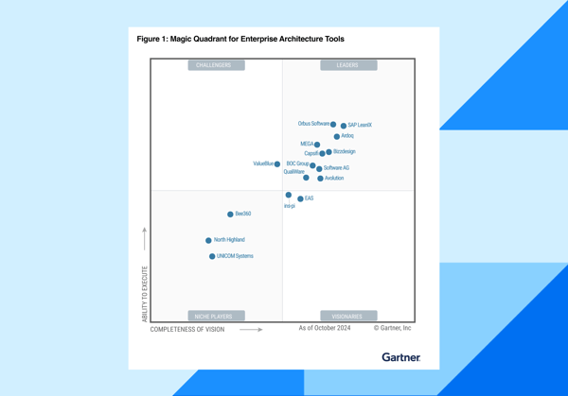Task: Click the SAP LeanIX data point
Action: click(344, 125)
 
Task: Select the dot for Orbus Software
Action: click(333, 124)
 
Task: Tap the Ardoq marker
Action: click(337, 136)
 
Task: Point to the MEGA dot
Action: click(317, 145)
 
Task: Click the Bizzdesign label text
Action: click(345, 151)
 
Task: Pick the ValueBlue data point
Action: click(277, 164)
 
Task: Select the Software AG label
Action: click(336, 168)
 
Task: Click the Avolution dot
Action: click(321, 178)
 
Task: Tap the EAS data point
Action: click(300, 198)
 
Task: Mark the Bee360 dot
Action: click(230, 215)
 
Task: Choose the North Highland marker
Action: click(208, 240)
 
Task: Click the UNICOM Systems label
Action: click(235, 256)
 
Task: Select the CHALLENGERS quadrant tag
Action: click(216, 65)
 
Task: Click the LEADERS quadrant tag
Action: click(347, 65)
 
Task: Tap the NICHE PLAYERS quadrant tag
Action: click(216, 317)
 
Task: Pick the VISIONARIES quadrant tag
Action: click(347, 317)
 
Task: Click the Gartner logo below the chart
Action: click(400, 357)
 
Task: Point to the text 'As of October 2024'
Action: click(325, 329)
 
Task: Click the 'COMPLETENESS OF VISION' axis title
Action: click(187, 330)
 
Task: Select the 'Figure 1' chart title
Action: click(240, 40)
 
